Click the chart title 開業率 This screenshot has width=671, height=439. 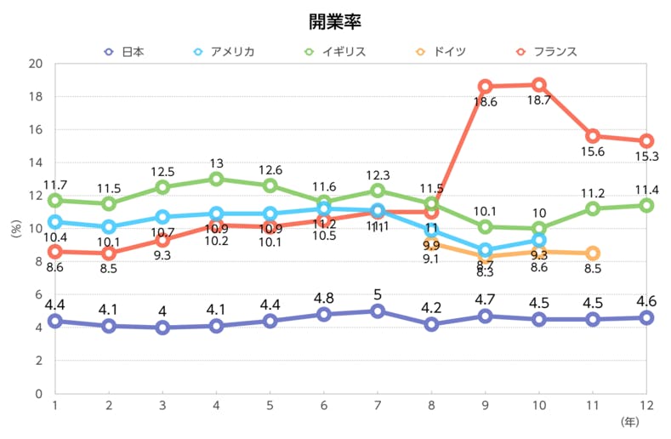point(335,19)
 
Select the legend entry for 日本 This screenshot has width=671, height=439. point(124,52)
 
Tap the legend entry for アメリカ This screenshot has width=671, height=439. point(224,52)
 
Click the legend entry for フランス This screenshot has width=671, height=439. point(545,52)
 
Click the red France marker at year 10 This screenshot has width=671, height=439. point(538,85)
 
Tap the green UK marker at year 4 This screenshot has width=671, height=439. point(216,179)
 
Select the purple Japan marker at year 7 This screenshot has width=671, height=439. point(378,311)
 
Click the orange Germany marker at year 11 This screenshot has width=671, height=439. point(593,254)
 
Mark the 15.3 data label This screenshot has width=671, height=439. point(646,157)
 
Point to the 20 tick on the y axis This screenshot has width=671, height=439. point(36,64)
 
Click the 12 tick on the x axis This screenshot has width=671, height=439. point(646,406)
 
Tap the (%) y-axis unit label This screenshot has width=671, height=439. point(15,228)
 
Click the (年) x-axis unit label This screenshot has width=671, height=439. point(629,421)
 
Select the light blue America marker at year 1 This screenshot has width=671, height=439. point(55,222)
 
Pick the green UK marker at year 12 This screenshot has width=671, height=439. point(646,205)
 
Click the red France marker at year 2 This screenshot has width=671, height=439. point(109,254)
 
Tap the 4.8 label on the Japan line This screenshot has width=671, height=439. point(324,299)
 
